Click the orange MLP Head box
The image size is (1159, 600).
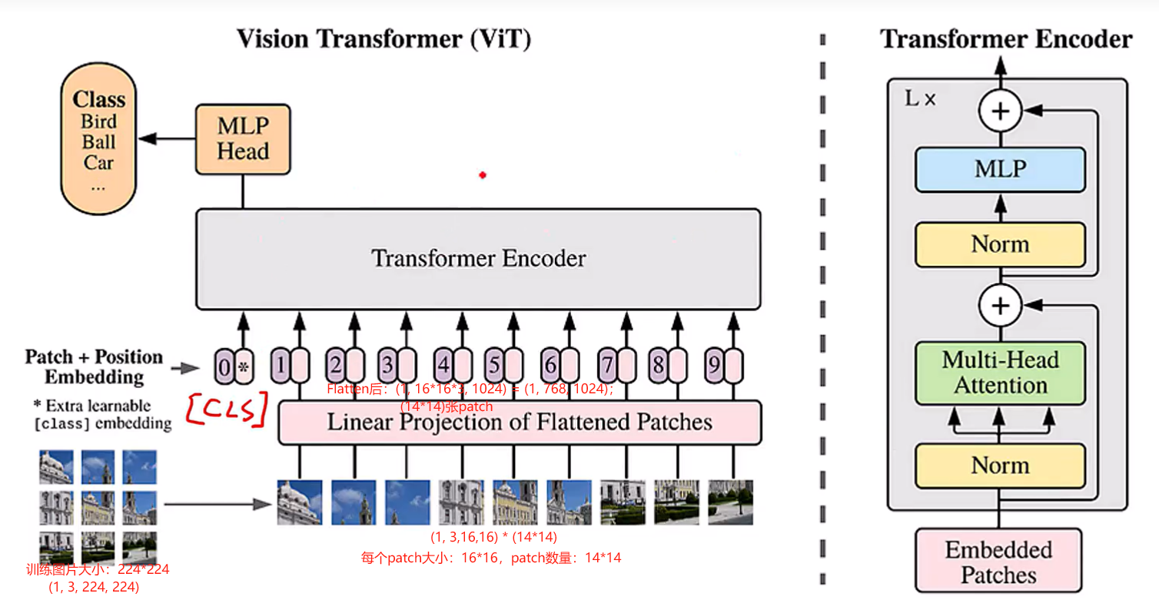click(x=243, y=139)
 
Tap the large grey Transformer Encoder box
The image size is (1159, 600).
click(x=478, y=259)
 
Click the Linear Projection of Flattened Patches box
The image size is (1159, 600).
click(x=520, y=423)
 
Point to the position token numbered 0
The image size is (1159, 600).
click(x=224, y=367)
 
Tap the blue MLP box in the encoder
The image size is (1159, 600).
click(x=1000, y=170)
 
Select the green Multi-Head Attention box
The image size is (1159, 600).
click(x=1000, y=373)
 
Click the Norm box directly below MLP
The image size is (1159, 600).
click(x=1000, y=244)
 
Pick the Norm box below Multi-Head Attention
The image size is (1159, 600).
click(x=1000, y=466)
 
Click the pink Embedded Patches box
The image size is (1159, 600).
click(x=998, y=562)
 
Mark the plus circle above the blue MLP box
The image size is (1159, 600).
click(x=1000, y=112)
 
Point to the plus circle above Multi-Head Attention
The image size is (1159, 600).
click(x=1000, y=306)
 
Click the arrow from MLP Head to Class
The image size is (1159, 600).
click(x=166, y=139)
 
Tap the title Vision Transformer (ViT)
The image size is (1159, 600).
click(x=384, y=38)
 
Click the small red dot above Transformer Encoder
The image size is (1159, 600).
click(x=483, y=175)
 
